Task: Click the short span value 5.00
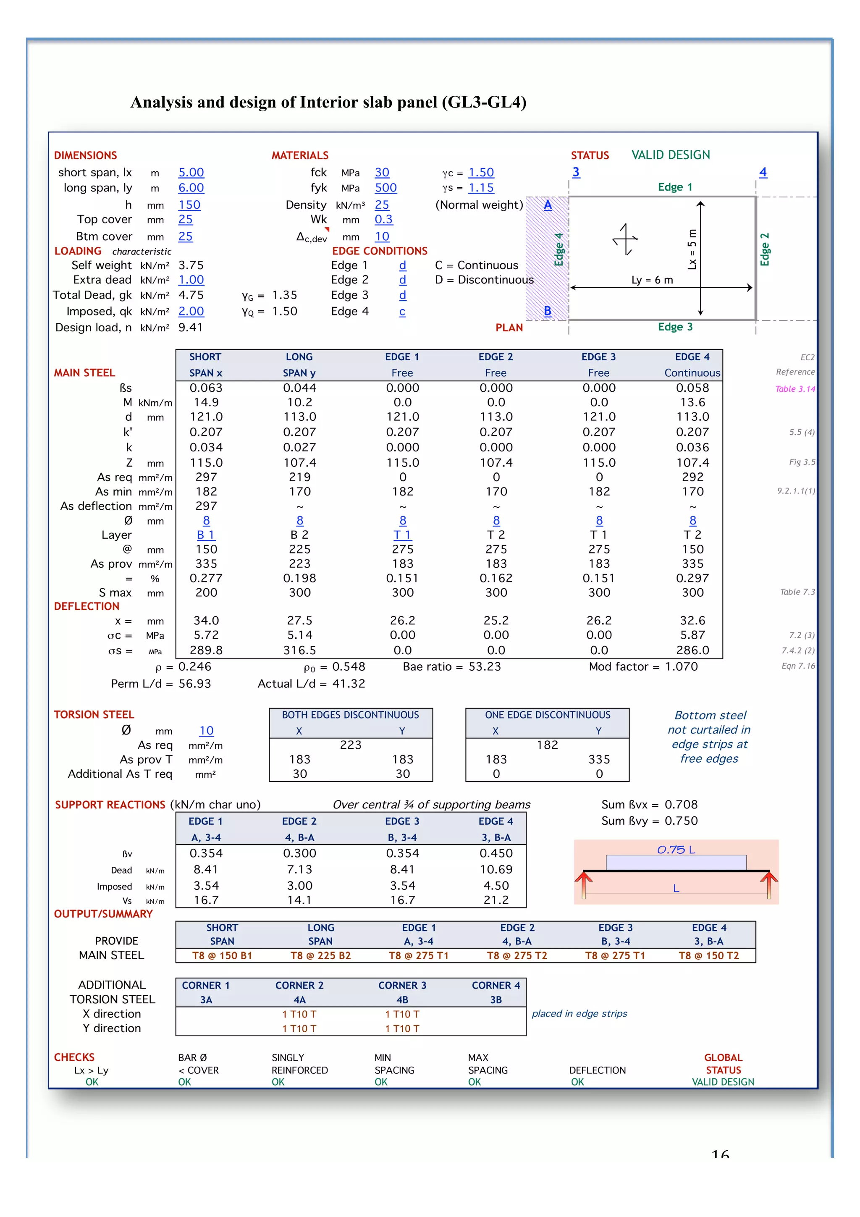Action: (x=191, y=173)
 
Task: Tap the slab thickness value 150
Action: (x=189, y=205)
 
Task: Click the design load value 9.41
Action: (x=190, y=328)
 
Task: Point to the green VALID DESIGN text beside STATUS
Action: (x=670, y=155)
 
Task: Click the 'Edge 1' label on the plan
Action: (x=674, y=187)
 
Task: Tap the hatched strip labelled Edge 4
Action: (x=547, y=258)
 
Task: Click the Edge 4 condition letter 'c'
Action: (x=402, y=312)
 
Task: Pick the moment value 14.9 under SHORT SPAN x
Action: (x=206, y=403)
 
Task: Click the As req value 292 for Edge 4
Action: (x=692, y=477)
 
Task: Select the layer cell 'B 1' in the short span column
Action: (x=206, y=535)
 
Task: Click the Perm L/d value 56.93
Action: (x=194, y=684)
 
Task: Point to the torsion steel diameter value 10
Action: (x=206, y=731)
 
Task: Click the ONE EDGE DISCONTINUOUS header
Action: (x=548, y=715)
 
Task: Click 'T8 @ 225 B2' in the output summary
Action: (x=320, y=956)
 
